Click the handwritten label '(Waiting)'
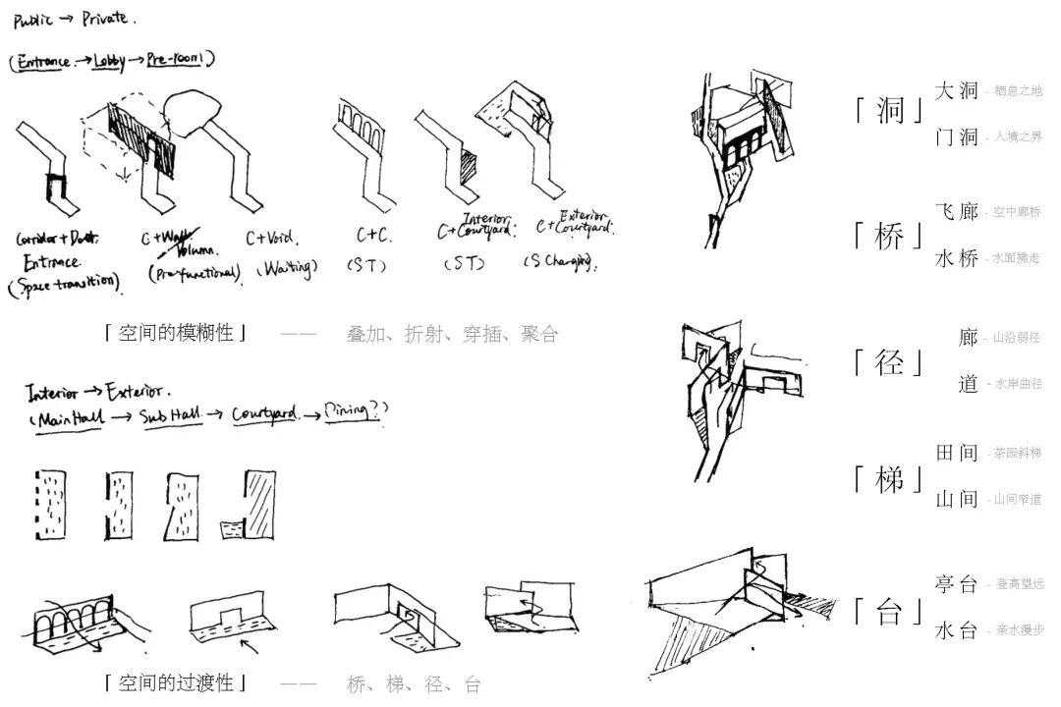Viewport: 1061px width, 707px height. tap(286, 267)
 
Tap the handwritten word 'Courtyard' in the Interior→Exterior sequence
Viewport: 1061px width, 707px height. tap(264, 414)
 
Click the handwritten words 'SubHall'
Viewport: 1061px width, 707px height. tap(171, 416)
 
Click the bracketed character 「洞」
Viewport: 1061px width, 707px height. tap(889, 109)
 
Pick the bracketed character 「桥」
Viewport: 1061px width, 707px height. tap(889, 236)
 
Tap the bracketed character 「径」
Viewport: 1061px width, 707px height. tap(889, 361)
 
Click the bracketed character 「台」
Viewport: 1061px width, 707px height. tap(889, 612)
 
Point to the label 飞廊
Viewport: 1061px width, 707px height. tap(956, 212)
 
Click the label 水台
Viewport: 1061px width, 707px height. tap(956, 630)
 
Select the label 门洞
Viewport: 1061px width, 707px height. tap(956, 137)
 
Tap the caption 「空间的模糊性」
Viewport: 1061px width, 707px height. tap(176, 333)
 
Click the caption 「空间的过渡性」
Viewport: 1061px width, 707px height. tap(176, 682)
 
